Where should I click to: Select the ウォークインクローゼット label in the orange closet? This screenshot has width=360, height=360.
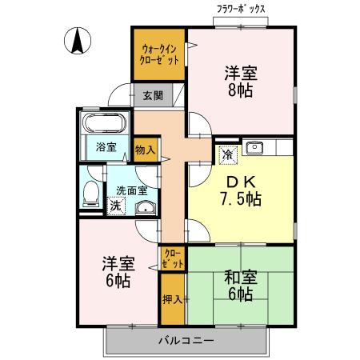160,55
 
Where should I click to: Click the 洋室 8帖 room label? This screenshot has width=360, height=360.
239,81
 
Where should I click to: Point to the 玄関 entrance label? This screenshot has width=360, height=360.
152,95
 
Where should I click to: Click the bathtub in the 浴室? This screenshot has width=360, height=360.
102,125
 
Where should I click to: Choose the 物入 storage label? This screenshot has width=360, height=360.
145,150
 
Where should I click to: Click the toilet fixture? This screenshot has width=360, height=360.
90,193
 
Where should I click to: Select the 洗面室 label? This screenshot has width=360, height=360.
131,190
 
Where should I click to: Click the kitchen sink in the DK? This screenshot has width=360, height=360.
257,146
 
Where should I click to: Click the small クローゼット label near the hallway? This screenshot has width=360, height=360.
173,258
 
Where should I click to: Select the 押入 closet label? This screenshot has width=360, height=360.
172,299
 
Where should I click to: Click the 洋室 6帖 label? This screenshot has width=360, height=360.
118,272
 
